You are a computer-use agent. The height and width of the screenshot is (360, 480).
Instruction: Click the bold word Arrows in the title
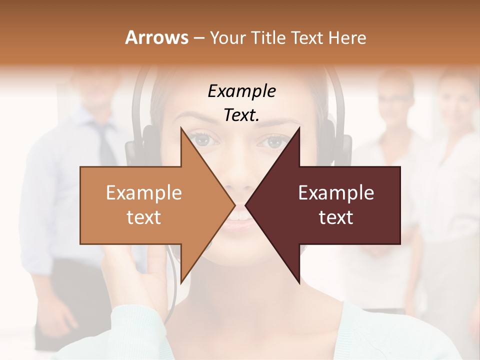(x=157, y=37)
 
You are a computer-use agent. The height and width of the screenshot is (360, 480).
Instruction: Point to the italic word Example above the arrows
(x=241, y=91)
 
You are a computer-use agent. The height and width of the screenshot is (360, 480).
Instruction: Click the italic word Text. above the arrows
(x=241, y=115)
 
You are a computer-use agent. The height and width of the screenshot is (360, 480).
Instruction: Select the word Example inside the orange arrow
(x=143, y=192)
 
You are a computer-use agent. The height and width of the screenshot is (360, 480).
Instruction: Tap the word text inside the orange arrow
(x=143, y=217)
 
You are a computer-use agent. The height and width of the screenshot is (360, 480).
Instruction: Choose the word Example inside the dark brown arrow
(x=336, y=192)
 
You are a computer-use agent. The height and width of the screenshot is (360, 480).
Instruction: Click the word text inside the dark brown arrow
(x=336, y=217)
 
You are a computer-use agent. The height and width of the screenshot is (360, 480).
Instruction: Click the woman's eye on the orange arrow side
(x=203, y=140)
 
